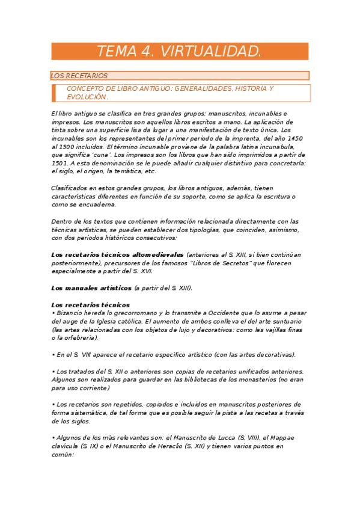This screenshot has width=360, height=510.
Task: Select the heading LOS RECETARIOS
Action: click(79, 76)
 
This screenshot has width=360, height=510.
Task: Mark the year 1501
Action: click(61, 162)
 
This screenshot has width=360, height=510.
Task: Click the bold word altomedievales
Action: click(153, 254)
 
